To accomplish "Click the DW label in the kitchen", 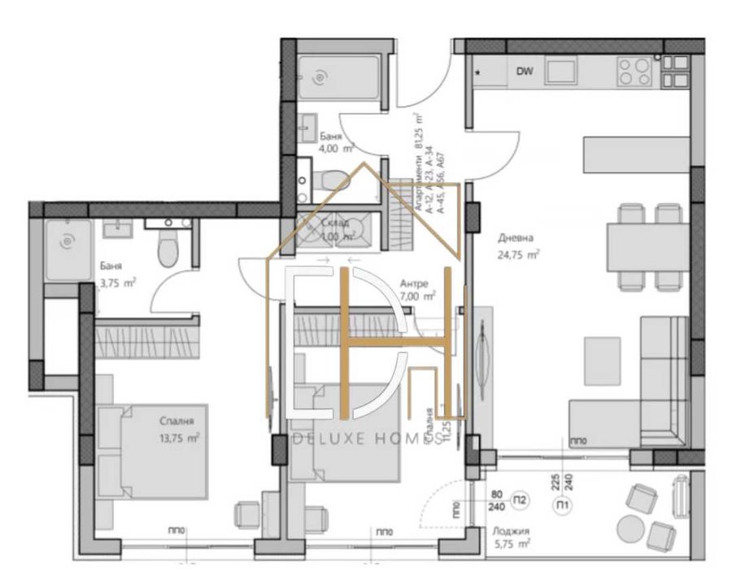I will (525, 72).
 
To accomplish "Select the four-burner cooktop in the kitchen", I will (635, 72).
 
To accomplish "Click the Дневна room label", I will (516, 238).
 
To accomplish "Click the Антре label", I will (414, 284).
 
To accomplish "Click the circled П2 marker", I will (522, 499).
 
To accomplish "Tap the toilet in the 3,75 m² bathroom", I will (167, 248).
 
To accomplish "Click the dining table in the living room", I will (647, 246).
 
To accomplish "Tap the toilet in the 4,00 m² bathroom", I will (332, 178).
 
